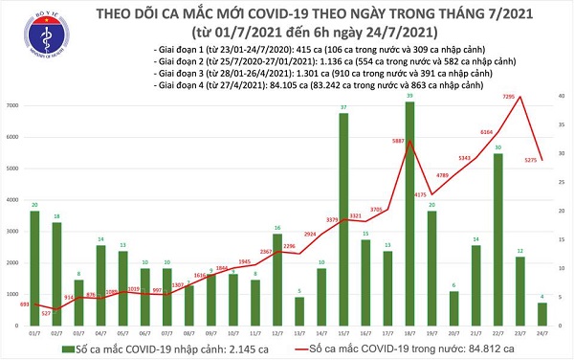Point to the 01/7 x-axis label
click(34, 333)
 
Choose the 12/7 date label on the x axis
click(277, 333)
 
